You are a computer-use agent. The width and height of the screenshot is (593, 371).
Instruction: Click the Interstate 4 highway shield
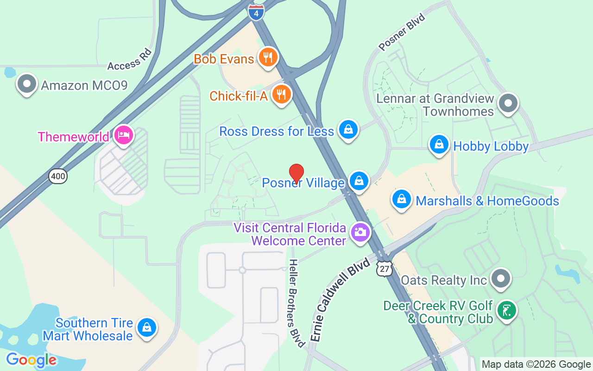256,12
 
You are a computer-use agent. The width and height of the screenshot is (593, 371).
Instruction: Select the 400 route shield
58,176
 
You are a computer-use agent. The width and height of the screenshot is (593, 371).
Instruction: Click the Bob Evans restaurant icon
268,58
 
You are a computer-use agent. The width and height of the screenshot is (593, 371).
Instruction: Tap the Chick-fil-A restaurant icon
281,94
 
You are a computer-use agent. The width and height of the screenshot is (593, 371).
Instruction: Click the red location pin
296,173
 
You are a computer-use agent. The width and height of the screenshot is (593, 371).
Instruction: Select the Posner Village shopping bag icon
359,181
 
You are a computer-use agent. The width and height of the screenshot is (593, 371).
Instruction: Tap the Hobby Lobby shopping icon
439,145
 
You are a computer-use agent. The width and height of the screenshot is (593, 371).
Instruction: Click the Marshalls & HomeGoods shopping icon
402,199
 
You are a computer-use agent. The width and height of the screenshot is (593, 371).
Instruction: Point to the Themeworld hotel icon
124,136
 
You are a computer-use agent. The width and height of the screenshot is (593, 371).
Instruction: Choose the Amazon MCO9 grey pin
26,84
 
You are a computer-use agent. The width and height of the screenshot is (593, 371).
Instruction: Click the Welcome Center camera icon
360,232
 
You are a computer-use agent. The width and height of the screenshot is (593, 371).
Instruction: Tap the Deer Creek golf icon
506,310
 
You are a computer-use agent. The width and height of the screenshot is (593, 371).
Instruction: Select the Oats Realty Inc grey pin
501,279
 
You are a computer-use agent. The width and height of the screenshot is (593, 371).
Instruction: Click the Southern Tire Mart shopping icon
147,327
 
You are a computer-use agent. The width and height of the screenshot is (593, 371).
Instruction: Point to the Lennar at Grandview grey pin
508,103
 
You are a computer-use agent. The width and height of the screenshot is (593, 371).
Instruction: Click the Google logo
31,359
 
